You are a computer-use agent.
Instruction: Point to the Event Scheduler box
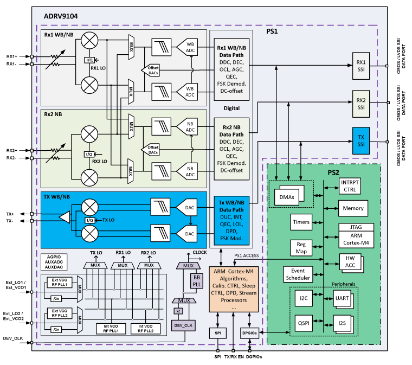click(297, 274)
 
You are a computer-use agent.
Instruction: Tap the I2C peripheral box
click(304, 298)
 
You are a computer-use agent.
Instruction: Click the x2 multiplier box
click(177, 311)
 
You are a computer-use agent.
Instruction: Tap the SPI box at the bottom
click(217, 332)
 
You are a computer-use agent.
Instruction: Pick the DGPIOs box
click(249, 332)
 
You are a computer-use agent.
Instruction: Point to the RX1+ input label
click(12, 56)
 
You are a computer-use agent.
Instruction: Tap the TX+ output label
click(10, 214)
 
